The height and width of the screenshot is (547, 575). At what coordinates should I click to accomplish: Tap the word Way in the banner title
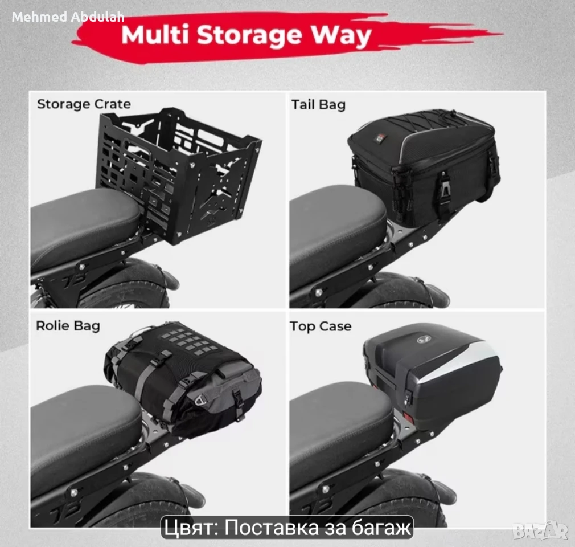(x=342, y=35)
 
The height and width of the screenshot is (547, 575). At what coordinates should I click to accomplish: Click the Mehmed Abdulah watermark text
(x=68, y=17)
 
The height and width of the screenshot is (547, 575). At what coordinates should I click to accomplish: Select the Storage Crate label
(x=84, y=104)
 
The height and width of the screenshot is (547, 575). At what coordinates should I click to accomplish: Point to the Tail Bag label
(x=318, y=105)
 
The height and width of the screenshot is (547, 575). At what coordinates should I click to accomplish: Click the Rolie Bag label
(x=68, y=326)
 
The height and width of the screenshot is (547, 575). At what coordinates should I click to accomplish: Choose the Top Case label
(x=321, y=326)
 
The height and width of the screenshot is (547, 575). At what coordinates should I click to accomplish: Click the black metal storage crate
(x=179, y=175)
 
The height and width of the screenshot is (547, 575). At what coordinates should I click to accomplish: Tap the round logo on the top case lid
(x=424, y=339)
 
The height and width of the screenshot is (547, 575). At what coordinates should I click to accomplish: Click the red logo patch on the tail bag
(x=378, y=139)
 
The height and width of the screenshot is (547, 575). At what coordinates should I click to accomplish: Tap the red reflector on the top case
(x=408, y=417)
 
